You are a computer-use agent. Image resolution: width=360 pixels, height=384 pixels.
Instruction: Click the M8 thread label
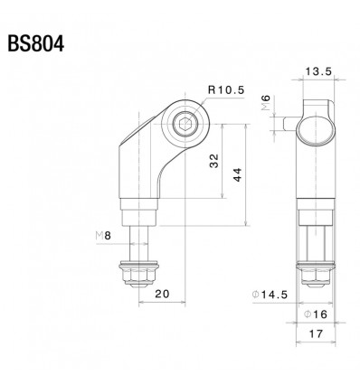105,236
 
